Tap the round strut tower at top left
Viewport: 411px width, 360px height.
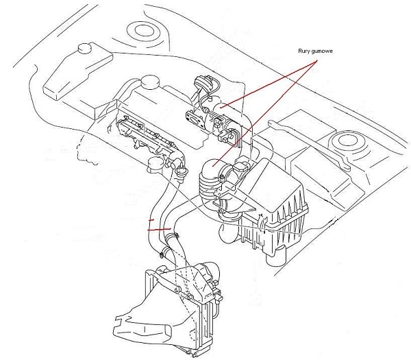pyautogui.click(x=144, y=30)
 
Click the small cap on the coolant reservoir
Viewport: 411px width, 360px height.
pyautogui.click(x=85, y=49)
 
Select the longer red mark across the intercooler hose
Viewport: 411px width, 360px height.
pyautogui.click(x=159, y=229)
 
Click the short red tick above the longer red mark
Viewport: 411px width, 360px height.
pyautogui.click(x=151, y=221)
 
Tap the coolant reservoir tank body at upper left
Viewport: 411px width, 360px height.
pyautogui.click(x=75, y=72)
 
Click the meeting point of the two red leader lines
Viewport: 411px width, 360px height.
pyautogui.click(x=316, y=61)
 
